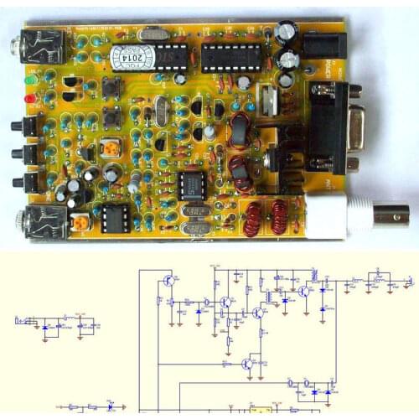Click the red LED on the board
(x=31, y=100)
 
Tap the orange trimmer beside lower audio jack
(x=80, y=223)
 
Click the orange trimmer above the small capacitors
(x=110, y=148)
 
